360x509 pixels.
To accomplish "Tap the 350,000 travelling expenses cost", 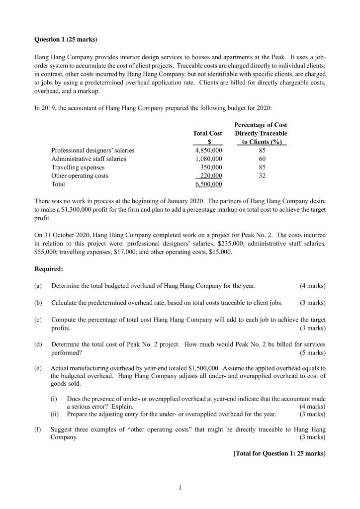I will [210, 167].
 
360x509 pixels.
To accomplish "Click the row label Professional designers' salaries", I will [92, 150].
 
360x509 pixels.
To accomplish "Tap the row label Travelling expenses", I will [75, 167].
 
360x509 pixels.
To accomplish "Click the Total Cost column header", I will [207, 133].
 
